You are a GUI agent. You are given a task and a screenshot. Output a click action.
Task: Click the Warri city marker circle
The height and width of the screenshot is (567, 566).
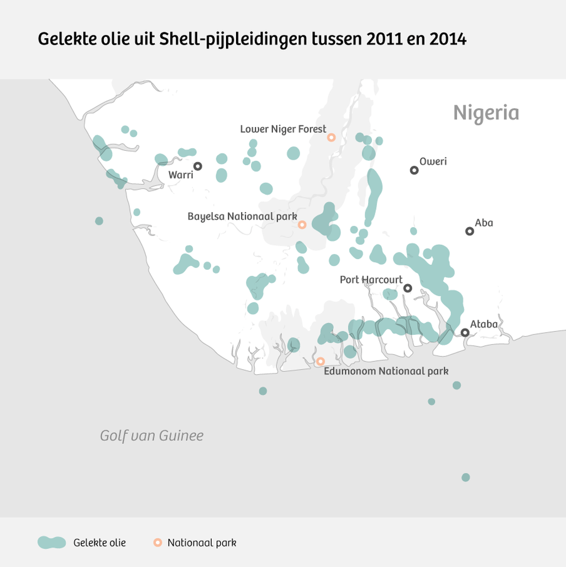pyautogui.click(x=197, y=166)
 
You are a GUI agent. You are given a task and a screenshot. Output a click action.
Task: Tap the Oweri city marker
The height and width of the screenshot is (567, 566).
pyautogui.click(x=414, y=170)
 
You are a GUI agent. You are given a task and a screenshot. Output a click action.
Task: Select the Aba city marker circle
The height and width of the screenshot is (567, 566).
pyautogui.click(x=469, y=231)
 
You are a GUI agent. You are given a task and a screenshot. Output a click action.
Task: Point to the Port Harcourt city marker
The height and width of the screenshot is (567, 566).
pyautogui.click(x=407, y=288)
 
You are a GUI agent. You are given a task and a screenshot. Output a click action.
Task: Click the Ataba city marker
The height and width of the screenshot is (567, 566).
pyautogui.click(x=465, y=332)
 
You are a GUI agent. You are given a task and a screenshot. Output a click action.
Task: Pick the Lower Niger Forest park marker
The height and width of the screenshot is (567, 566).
pyautogui.click(x=331, y=137)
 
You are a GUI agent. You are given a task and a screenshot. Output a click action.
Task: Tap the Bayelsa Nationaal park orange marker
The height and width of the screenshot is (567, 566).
pyautogui.click(x=302, y=224)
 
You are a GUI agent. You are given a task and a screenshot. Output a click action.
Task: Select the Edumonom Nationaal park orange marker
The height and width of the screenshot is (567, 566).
pyautogui.click(x=320, y=361)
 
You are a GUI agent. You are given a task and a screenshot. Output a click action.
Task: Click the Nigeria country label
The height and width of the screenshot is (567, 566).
pyautogui.click(x=486, y=113)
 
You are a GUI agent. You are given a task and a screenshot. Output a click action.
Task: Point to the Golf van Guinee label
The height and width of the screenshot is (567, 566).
pyautogui.click(x=151, y=435)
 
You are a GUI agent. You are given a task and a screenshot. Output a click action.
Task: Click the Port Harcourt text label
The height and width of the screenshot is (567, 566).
pyautogui.click(x=371, y=280)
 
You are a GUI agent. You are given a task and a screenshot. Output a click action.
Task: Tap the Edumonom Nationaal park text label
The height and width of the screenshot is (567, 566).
pyautogui.click(x=386, y=371)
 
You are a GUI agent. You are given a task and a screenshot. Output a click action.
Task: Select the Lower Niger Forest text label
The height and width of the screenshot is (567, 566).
pyautogui.click(x=283, y=129)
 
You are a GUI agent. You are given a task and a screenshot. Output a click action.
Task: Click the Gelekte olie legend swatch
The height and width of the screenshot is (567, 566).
pyautogui.click(x=52, y=542)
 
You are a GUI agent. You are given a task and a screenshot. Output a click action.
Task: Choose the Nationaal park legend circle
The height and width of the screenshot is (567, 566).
pyautogui.click(x=158, y=542)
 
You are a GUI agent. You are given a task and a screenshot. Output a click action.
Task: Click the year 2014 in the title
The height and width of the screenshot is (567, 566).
pyautogui.click(x=448, y=40)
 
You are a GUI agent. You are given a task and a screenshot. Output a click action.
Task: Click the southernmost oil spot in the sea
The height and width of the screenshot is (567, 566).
pyautogui.click(x=465, y=477)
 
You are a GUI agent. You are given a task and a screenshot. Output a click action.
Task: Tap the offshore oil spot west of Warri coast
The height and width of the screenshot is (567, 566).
pyautogui.click(x=99, y=221)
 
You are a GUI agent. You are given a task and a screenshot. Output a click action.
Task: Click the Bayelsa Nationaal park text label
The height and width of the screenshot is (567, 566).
pyautogui.click(x=242, y=216)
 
